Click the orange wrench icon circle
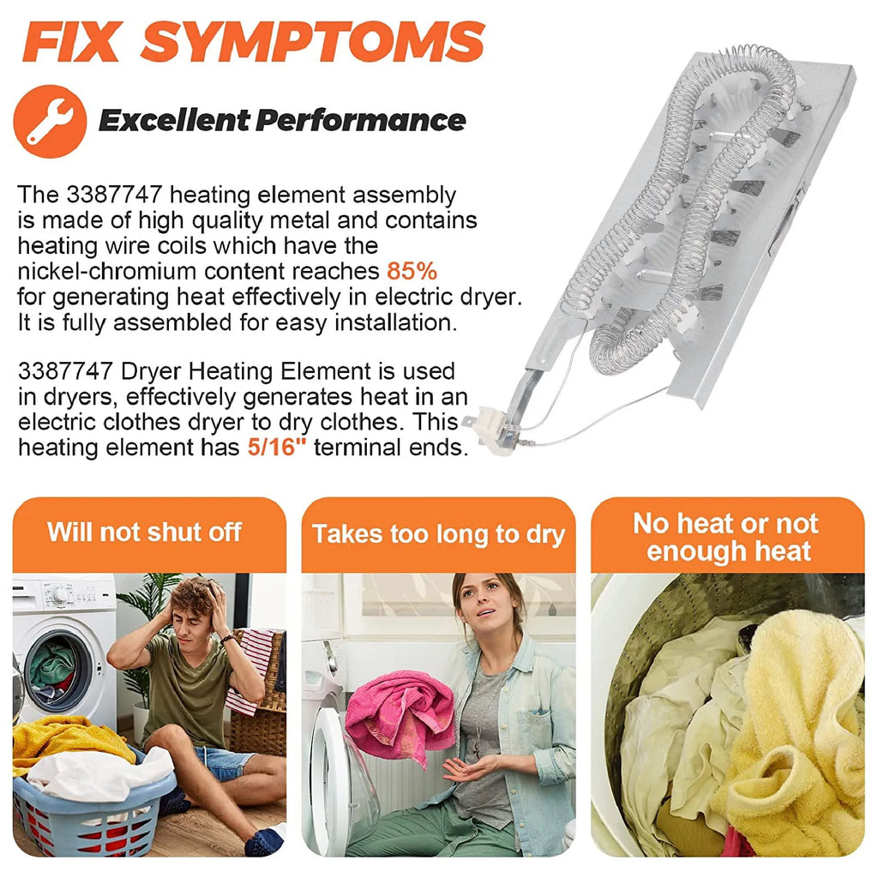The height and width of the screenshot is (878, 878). click(50, 121)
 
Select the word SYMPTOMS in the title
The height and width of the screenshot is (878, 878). click(312, 42)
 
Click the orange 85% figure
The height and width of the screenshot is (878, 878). click(412, 271)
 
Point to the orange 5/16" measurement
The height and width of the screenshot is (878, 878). click(277, 447)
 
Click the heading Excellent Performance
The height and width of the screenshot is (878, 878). click(282, 120)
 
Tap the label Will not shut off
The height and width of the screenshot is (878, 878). click(144, 532)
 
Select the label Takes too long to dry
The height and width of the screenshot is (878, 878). click(438, 534)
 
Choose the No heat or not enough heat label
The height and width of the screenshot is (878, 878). click(726, 537)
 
